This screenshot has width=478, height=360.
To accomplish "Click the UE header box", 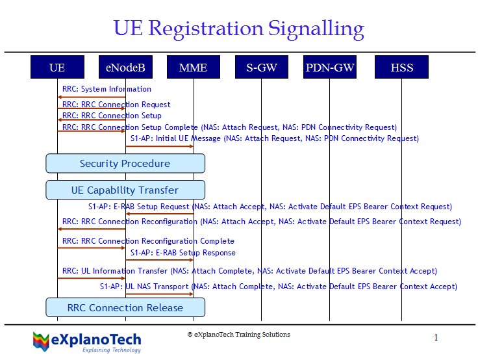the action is [57, 67].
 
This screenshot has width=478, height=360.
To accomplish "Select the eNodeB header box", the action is [125, 67].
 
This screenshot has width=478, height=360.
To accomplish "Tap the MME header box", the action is [194, 67].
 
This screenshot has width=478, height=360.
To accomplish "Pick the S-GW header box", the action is [262, 67].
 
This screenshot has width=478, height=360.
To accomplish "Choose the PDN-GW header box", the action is [330, 67].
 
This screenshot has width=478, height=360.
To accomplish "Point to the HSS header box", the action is [401, 67].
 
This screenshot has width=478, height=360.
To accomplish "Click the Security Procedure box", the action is [125, 164].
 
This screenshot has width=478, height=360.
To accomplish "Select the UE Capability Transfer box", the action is [125, 190].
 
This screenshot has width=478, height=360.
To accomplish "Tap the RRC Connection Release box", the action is [125, 307].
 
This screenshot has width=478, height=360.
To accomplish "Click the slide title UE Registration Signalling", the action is [239, 29].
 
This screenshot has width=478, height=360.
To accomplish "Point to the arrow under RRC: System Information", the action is [92, 97].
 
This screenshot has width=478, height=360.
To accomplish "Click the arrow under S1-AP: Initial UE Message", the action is [159, 146].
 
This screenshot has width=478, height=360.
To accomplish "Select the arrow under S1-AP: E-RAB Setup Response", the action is [159, 260].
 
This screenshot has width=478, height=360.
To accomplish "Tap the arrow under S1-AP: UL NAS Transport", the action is [159, 294].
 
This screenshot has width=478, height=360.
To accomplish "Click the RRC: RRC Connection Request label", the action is [116, 105].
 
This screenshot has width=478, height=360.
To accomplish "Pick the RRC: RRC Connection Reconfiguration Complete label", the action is [148, 241].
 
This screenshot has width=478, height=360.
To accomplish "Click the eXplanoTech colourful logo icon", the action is [41, 342].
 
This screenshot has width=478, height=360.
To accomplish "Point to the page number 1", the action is [436, 337].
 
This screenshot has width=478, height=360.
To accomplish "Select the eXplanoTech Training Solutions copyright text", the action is [239, 335].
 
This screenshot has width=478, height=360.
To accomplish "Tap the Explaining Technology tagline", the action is [112, 350].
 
